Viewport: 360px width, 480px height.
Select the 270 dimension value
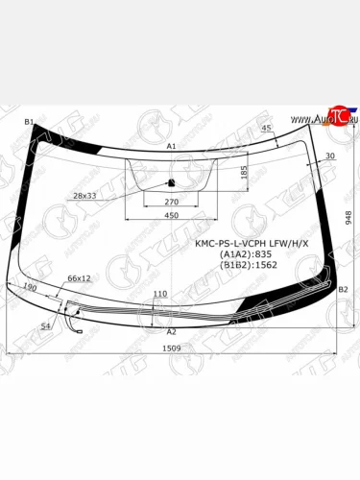click(172, 203)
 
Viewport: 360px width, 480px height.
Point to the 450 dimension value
click(172, 217)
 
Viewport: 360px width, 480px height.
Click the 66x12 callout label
click(79, 278)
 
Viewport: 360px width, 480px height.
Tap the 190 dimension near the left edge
click(31, 287)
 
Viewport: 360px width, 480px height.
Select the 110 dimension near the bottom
click(160, 294)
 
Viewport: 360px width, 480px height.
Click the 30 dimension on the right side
click(330, 156)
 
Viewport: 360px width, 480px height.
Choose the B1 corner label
click(29, 122)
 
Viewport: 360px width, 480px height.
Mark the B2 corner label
click(343, 289)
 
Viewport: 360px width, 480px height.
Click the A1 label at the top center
click(172, 146)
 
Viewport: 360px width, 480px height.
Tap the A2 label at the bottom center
click(172, 330)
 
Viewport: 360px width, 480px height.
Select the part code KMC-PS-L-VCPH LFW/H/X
click(250, 243)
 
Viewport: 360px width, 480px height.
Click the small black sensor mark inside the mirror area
click(170, 181)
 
